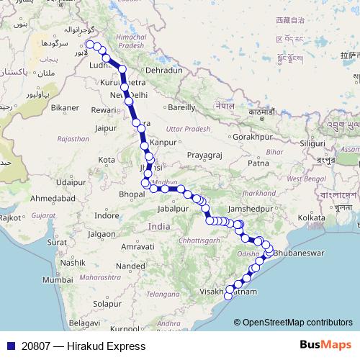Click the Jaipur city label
pos(105,128)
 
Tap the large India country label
pos(159,226)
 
